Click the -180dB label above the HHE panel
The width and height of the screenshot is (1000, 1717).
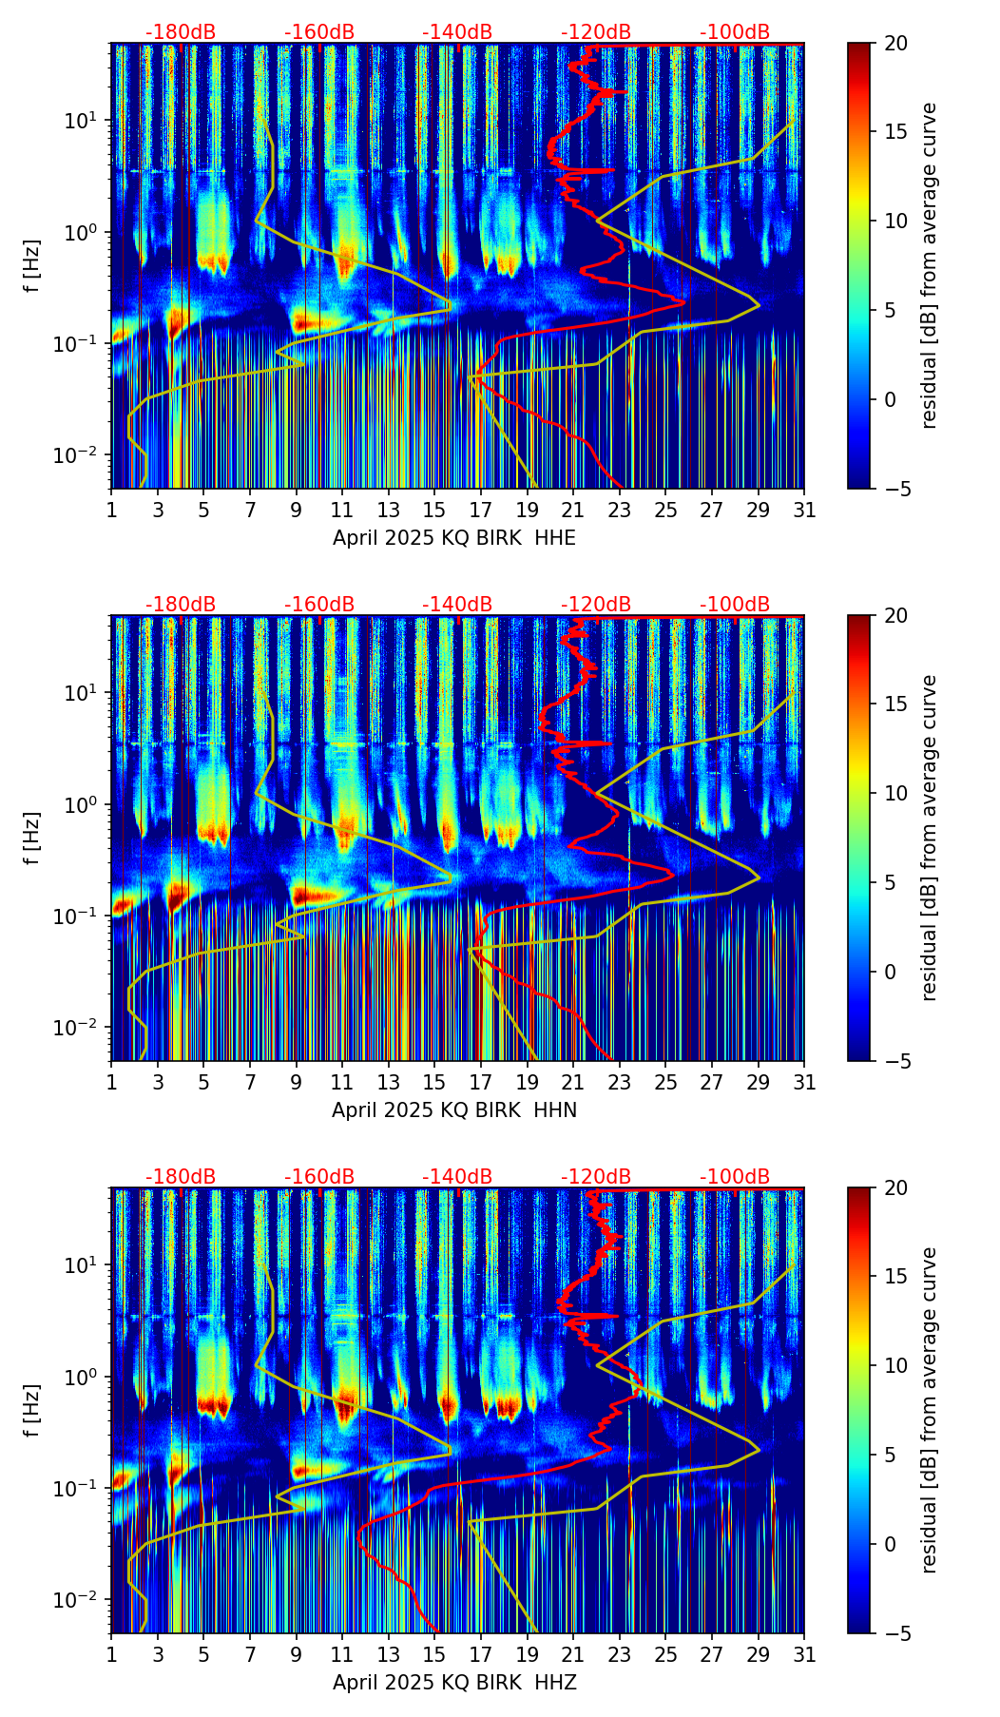click(x=181, y=32)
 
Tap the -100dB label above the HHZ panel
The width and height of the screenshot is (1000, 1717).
click(x=735, y=1177)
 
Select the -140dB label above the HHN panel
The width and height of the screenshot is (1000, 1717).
click(x=457, y=605)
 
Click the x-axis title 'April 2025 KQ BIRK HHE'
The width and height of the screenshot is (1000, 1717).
click(x=454, y=538)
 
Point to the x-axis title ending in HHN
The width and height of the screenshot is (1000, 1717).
click(x=454, y=1110)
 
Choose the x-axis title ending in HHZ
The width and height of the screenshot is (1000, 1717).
click(x=454, y=1683)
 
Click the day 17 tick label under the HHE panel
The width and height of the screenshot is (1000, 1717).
click(x=481, y=511)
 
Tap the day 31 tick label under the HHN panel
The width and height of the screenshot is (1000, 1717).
click(x=804, y=1083)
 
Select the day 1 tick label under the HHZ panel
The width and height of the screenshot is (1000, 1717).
click(x=111, y=1655)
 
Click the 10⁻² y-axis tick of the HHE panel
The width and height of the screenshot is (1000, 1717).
click(x=85, y=456)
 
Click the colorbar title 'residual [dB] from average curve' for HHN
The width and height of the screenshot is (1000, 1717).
click(x=930, y=838)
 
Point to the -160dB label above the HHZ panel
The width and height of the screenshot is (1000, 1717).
click(x=319, y=1177)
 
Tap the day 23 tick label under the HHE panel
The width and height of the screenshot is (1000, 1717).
click(x=620, y=511)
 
